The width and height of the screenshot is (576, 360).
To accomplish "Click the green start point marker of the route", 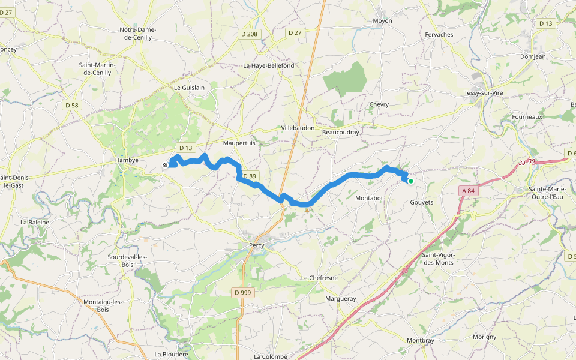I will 410,181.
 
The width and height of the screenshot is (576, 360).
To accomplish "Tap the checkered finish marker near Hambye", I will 165,165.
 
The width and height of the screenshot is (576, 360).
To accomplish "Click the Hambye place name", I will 127,161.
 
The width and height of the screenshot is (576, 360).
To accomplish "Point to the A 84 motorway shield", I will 468,191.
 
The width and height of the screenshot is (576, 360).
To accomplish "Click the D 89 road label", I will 249,176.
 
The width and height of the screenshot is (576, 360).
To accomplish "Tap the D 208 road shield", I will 249,34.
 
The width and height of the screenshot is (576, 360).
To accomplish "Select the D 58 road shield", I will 71,105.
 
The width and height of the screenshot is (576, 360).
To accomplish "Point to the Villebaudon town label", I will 298,128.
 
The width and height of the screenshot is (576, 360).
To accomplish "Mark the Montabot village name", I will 369,198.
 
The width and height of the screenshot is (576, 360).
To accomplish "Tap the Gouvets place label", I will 421,203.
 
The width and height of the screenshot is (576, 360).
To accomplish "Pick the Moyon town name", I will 382,21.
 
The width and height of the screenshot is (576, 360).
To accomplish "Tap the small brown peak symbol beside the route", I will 307,209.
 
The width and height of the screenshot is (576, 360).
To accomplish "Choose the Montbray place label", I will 420,341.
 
